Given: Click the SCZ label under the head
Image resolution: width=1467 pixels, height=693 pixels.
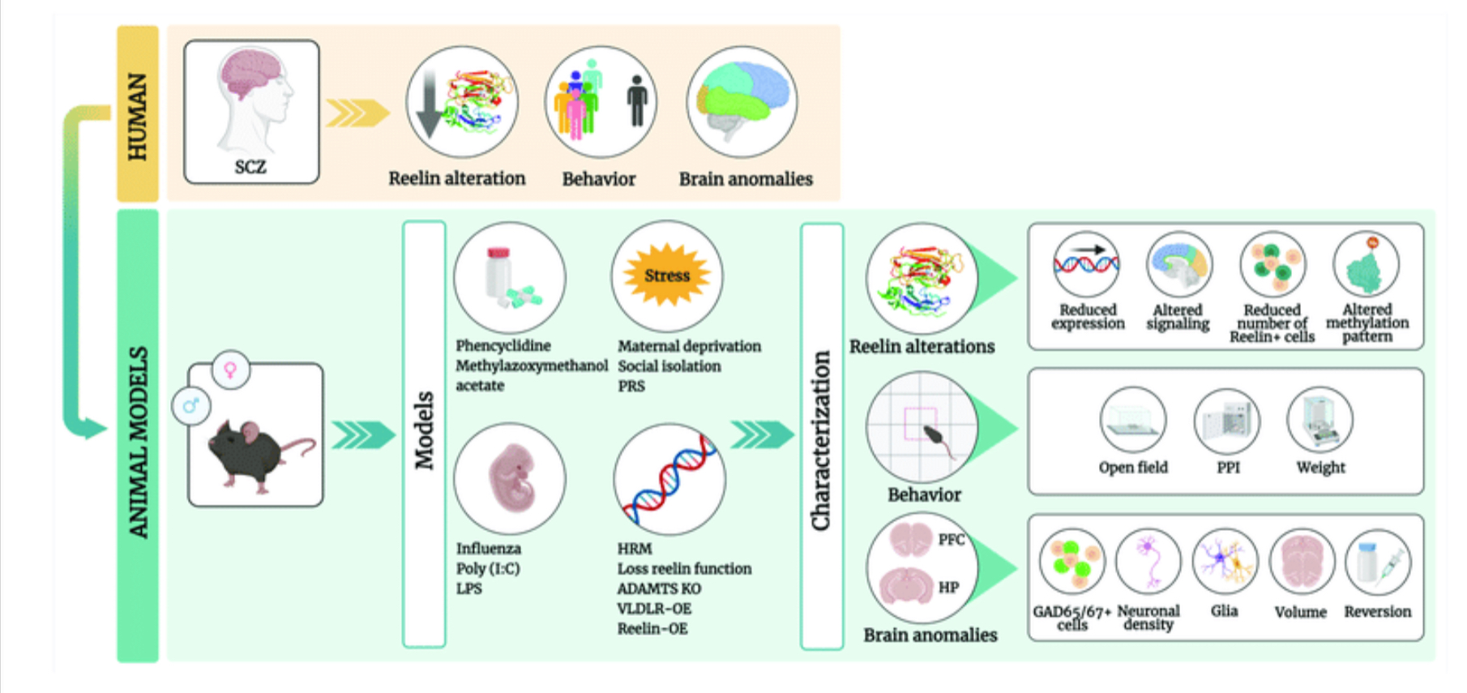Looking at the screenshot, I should tap(250, 167).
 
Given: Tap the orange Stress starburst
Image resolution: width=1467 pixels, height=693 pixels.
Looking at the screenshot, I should tap(667, 276).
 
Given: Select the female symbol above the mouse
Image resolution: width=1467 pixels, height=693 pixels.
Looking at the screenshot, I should tap(231, 370).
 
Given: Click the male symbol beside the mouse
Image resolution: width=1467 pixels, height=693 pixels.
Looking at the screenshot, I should tap(191, 405).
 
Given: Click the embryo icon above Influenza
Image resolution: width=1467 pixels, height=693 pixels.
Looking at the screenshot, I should tap(510, 478).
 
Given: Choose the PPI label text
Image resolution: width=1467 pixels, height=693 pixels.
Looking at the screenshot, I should tap(1228, 468).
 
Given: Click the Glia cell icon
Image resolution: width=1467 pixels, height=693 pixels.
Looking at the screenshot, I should tap(1225, 562).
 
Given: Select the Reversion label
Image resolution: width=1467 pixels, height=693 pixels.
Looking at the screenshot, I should tap(1377, 612).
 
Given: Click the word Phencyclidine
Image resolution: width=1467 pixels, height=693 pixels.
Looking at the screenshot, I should tap(503, 346).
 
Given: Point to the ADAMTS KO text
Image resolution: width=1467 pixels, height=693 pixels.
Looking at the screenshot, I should tap(659, 589).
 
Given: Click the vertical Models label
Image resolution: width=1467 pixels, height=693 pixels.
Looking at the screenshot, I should tap(424, 431).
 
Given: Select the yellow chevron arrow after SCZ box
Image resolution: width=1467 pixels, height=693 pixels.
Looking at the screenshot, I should tap(357, 113).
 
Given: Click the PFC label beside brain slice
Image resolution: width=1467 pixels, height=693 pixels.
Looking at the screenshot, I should tap(951, 540).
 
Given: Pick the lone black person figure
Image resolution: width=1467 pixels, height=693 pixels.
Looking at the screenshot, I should tap(637, 101).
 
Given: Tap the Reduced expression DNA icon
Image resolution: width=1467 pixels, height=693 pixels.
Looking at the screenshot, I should tap(1086, 263).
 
